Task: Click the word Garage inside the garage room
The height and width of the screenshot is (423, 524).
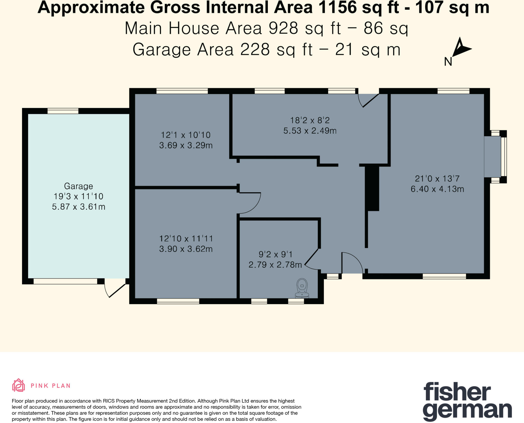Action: [78, 186]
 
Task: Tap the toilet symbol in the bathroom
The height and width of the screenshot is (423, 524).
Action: [302, 288]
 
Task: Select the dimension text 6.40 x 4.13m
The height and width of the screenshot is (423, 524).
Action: [437, 189]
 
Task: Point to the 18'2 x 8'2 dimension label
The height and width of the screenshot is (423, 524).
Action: [310, 120]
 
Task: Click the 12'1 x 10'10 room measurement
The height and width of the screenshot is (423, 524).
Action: [186, 135]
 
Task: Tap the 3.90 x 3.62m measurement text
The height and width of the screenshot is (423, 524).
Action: [186, 249]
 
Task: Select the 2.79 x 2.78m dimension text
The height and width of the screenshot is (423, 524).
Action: [275, 265]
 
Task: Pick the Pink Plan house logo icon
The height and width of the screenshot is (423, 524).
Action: [18, 385]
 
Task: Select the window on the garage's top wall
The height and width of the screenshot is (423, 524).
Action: [63, 111]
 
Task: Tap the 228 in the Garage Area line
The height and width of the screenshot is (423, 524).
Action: [255, 50]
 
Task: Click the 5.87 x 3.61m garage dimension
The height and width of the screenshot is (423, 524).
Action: [79, 206]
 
